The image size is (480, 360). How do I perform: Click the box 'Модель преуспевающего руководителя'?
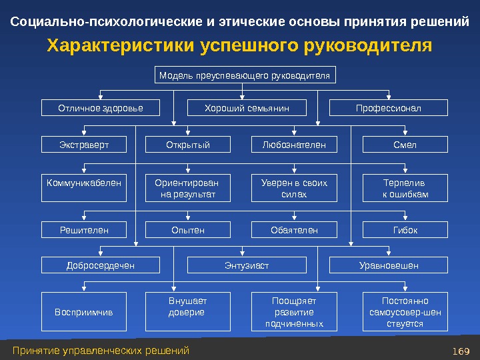coord(245,75)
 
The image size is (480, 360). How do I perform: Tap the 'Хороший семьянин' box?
coord(246,108)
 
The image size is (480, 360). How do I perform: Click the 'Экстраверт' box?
coord(84,145)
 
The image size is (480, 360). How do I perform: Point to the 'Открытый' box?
coord(187,145)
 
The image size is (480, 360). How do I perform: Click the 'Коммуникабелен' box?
coord(84,188)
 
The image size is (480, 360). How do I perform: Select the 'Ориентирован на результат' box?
coord(187,188)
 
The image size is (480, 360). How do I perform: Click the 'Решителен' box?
coord(84,230)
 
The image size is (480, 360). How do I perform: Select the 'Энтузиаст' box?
coord(246,265)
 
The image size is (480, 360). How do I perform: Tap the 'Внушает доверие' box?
coord(187,311)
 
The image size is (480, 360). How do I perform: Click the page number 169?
coord(461,351)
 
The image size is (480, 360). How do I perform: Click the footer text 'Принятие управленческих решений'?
coord(101,351)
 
